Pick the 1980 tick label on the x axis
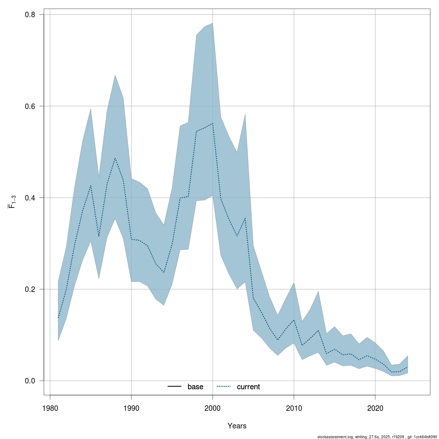[50, 408]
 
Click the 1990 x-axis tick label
[131, 408]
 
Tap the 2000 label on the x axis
[213, 408]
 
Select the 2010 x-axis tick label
[294, 408]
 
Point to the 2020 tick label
[375, 408]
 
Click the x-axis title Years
[237, 426]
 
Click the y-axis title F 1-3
[12, 202]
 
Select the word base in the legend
[195, 387]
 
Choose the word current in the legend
[248, 387]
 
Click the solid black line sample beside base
[175, 387]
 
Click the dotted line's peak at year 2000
[213, 124]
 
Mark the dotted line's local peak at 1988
[115, 158]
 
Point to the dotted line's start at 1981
[58, 318]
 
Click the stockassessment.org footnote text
[377, 436]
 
